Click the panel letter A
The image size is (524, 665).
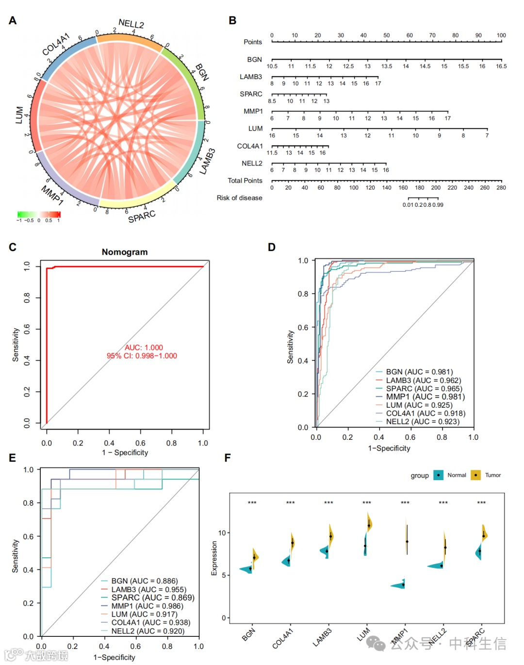(x=13, y=20)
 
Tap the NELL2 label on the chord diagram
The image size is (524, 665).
(x=131, y=24)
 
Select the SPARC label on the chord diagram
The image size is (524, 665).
(x=142, y=216)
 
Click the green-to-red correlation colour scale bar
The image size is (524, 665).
(x=39, y=214)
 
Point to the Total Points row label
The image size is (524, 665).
(x=245, y=181)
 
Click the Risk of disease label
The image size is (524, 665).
(x=239, y=198)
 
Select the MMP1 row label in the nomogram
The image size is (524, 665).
(x=253, y=111)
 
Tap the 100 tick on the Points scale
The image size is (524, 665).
(x=501, y=35)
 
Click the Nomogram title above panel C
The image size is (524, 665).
(x=125, y=252)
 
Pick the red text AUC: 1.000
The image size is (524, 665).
(x=144, y=348)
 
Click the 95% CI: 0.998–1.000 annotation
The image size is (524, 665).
(x=142, y=356)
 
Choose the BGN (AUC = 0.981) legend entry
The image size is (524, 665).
(x=419, y=372)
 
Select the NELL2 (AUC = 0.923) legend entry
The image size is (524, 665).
(x=422, y=421)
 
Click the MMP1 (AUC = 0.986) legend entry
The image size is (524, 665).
(x=147, y=606)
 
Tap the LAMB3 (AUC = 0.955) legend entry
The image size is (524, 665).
(x=148, y=589)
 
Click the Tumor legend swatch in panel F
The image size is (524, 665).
(x=476, y=475)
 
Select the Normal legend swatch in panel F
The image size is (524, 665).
(x=439, y=475)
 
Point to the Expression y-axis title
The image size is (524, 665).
(x=214, y=558)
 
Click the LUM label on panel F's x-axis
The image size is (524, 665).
(x=363, y=634)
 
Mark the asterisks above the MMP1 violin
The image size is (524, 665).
(x=405, y=503)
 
